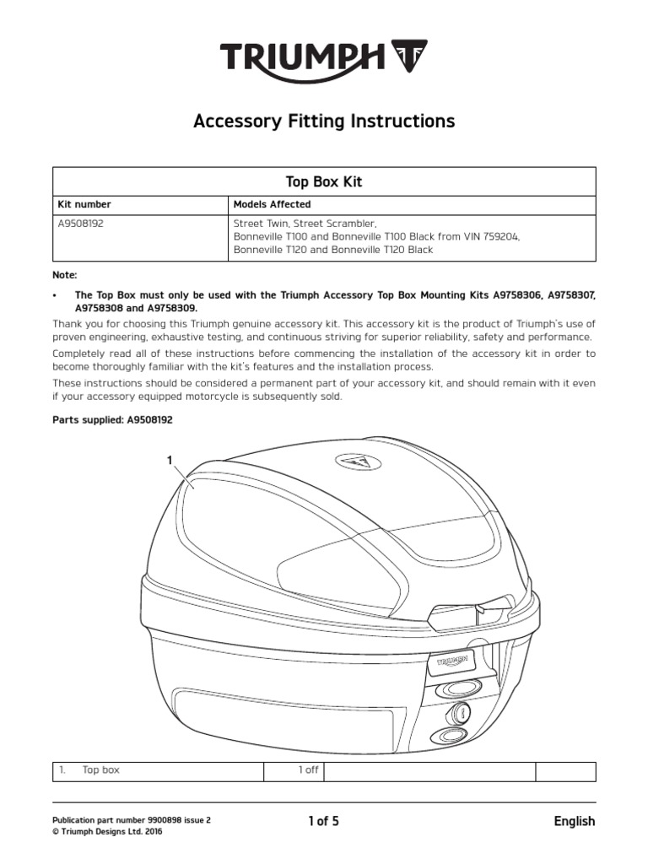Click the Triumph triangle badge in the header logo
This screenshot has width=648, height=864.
(410, 57)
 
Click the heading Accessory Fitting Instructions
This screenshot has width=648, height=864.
(324, 121)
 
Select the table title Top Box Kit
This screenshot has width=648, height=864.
(324, 181)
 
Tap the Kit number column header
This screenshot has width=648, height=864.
(84, 204)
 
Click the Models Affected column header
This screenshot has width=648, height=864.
(272, 204)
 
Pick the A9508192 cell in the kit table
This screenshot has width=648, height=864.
(81, 224)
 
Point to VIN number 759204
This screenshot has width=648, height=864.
(500, 237)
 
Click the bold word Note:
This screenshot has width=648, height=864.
(64, 275)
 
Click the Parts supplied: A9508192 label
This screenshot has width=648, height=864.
(112, 419)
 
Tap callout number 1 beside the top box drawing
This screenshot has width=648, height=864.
(170, 460)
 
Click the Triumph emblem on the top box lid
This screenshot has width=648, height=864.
(357, 462)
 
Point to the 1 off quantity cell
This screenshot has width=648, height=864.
(307, 770)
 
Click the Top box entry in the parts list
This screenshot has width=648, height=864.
(100, 770)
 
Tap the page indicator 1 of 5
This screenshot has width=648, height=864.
(324, 820)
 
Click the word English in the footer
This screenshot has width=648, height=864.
(574, 821)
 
